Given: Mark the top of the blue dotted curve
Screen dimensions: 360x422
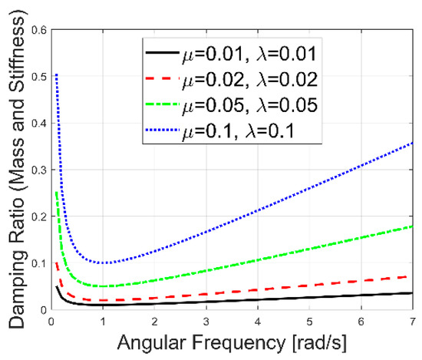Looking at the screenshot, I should pyautogui.click(x=56, y=74).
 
